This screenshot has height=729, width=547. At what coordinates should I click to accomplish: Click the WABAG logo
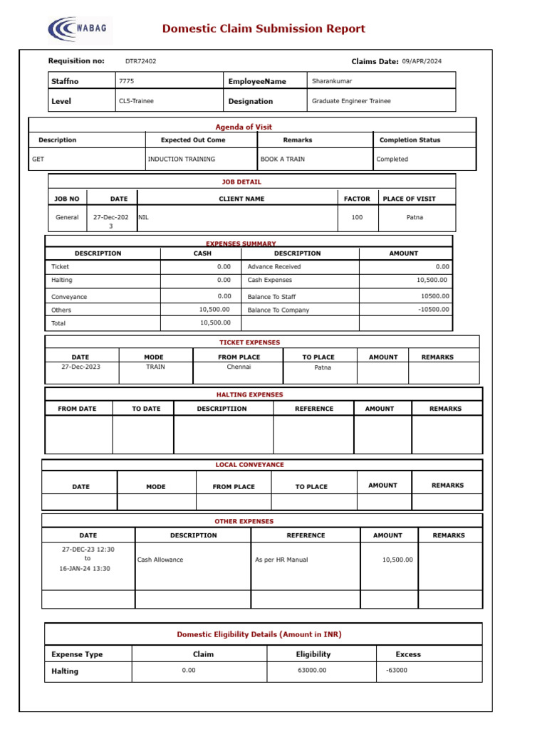point(80,29)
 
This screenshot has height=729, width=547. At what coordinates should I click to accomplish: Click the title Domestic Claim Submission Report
point(264,29)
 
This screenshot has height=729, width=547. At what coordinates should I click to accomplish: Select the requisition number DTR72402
point(140,61)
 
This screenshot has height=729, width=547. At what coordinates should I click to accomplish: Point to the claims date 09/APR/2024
point(422,61)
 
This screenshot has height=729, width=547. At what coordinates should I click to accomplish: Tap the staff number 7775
point(127,82)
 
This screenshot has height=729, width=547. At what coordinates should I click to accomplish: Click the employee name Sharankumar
point(332,81)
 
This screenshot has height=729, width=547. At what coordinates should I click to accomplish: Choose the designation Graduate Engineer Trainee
point(351,101)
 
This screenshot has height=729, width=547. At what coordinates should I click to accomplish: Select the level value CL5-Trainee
point(136,101)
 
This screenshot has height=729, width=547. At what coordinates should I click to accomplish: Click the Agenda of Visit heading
point(244,127)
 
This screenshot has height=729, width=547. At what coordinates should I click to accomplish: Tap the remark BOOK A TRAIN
point(283,159)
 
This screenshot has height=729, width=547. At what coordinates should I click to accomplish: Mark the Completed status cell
point(392,159)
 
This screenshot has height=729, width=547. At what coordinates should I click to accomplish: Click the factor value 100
point(357,217)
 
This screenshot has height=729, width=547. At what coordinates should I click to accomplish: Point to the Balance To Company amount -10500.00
point(433,310)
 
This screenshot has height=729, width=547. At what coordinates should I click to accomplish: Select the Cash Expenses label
point(269,280)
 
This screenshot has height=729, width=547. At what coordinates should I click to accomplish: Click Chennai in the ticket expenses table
point(239,367)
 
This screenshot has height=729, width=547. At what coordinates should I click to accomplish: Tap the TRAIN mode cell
point(155,367)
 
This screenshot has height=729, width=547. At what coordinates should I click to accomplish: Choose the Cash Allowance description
point(160,560)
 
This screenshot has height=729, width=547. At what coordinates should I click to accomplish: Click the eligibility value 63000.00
point(313,671)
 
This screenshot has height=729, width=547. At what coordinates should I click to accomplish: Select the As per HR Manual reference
point(281,560)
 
